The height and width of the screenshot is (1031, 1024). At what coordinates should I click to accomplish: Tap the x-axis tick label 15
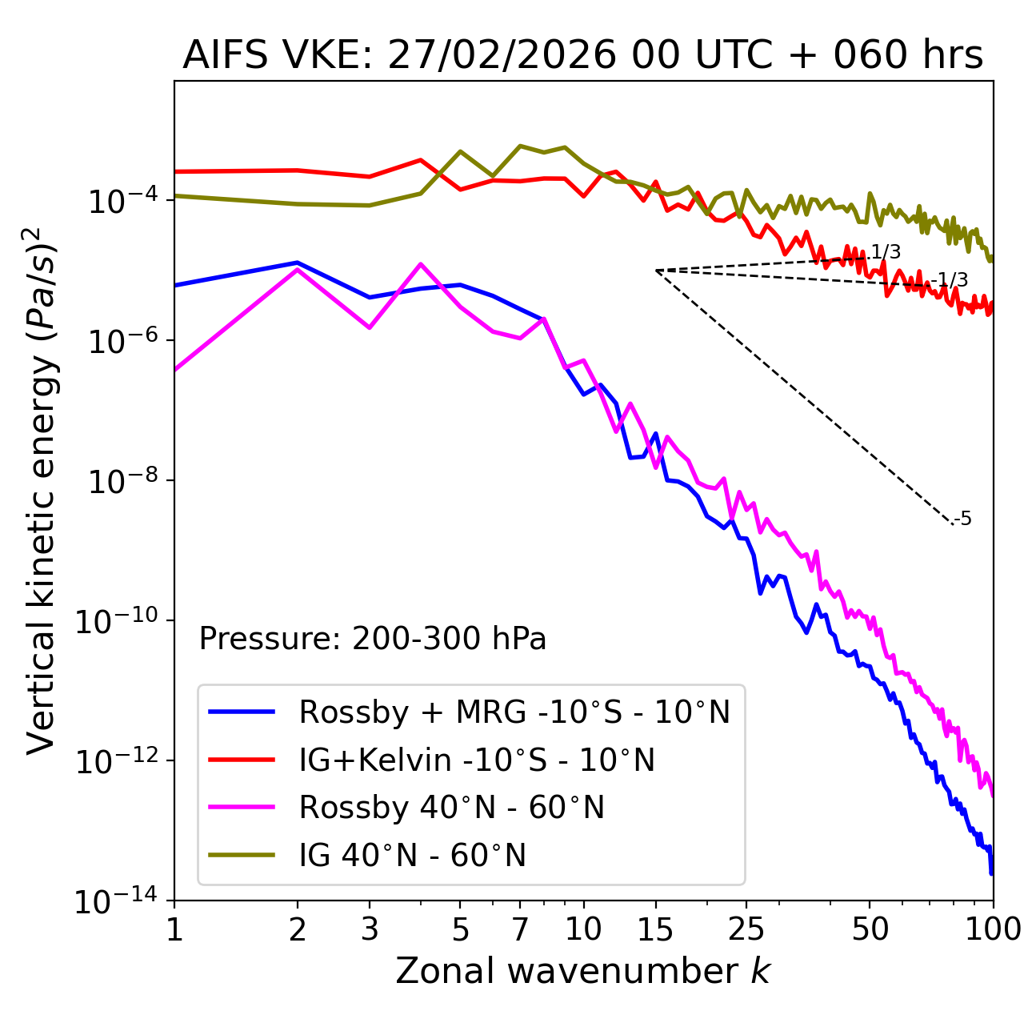[x=655, y=929]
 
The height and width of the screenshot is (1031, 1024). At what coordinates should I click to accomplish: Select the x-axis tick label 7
[x=520, y=929]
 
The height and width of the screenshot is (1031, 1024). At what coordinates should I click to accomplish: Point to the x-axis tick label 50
[x=870, y=929]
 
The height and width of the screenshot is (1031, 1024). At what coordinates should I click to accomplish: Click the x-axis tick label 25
[x=746, y=929]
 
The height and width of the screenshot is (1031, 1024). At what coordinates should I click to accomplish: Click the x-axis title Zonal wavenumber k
[x=582, y=971]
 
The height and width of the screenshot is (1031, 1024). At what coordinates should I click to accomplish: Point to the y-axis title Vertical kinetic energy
[x=45, y=489]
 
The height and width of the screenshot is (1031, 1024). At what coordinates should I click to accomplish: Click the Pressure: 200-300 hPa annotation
[x=372, y=639]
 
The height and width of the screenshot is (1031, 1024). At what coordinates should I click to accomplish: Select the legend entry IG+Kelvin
[x=476, y=760]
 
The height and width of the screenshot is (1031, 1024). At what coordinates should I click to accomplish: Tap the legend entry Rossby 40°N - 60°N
[x=451, y=808]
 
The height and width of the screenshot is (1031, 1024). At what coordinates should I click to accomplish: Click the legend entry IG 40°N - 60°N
[x=412, y=856]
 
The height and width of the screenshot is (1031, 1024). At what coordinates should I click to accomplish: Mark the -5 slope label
[x=963, y=520]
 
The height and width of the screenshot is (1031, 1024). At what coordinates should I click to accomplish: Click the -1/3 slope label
[x=950, y=280]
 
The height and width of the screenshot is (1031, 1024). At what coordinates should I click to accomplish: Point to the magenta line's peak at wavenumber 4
[x=420, y=264]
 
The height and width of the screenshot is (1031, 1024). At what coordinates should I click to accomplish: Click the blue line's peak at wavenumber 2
[x=298, y=263]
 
